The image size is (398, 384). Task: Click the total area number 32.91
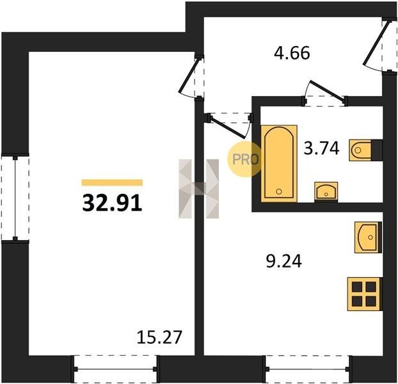[112, 203]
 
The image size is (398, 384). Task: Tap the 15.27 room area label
[159, 337]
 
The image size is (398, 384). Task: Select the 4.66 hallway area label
[292, 53]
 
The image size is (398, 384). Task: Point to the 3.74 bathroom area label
[321, 148]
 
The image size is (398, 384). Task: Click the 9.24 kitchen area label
[283, 261]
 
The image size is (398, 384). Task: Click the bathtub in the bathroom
[279, 163]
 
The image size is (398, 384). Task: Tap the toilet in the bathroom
[366, 150]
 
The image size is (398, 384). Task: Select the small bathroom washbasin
[326, 192]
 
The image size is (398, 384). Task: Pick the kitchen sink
[368, 237]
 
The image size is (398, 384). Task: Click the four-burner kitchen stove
[365, 294]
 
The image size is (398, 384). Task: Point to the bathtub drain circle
[279, 191]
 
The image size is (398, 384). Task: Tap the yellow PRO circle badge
[244, 159]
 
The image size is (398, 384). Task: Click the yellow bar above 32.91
[112, 182]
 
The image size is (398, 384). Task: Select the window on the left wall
[15, 198]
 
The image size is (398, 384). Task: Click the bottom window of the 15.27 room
[115, 369]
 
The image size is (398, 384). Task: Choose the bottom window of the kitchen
[307, 369]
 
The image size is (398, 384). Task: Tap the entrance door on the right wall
[381, 45]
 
